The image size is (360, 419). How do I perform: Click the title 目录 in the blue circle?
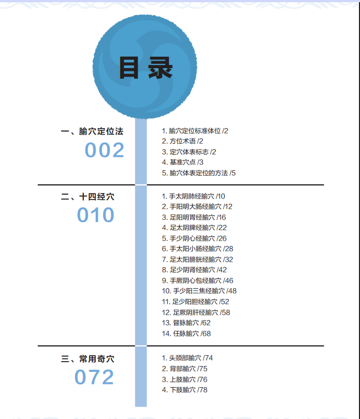click(145, 69)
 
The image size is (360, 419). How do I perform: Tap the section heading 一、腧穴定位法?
click(92, 131)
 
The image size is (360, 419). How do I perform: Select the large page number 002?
click(104, 150)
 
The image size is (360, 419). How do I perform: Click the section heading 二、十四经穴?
click(88, 197)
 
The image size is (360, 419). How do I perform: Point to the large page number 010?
click(96, 215)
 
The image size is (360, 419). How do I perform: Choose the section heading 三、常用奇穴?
click(88, 358)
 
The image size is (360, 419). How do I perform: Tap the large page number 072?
click(95, 377)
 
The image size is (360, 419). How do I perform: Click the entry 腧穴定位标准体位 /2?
click(195, 131)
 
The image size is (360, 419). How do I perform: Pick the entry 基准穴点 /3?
click(183, 162)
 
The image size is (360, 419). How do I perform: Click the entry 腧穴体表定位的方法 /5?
click(199, 173)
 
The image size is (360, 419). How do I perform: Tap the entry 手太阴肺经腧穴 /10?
click(194, 196)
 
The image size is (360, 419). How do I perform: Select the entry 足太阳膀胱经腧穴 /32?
click(197, 260)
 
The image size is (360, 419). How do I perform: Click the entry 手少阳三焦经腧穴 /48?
click(199, 291)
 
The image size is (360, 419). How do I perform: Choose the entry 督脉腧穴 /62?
click(186, 323)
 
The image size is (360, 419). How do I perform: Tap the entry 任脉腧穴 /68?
click(186, 334)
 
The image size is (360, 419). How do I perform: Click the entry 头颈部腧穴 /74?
click(188, 358)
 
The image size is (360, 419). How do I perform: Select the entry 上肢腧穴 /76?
click(184, 380)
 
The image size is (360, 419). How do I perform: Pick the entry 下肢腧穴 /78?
click(184, 390)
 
